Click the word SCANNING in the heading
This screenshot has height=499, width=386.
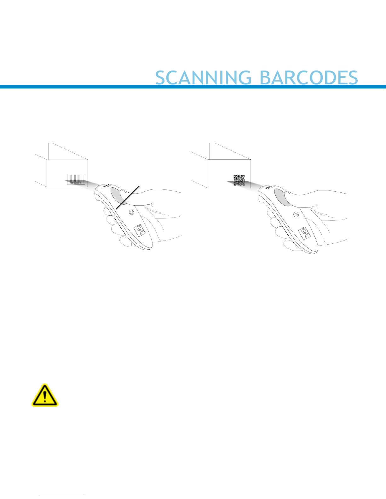click(x=203, y=77)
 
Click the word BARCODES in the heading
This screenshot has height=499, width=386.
click(x=308, y=77)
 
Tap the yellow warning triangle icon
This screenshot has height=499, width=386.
click(x=45, y=395)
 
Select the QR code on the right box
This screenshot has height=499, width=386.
click(x=239, y=180)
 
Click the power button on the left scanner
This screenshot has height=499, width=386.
click(x=131, y=213)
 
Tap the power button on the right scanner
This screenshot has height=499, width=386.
click(x=296, y=214)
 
